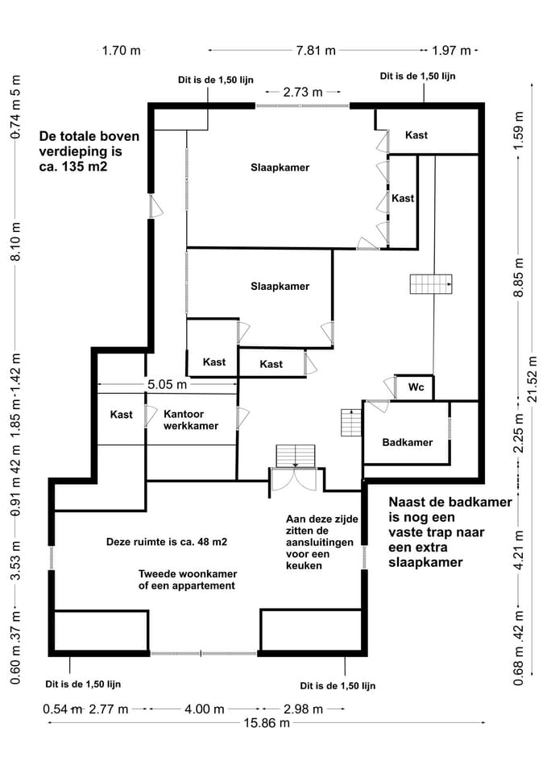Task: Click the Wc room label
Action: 416,387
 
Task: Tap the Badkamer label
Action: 407,442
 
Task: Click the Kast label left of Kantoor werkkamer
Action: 122,415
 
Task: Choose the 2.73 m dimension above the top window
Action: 302,93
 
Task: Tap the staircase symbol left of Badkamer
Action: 351,423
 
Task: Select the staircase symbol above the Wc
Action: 432,284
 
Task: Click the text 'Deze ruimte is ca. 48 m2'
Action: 167,542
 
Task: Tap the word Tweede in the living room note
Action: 155,573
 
